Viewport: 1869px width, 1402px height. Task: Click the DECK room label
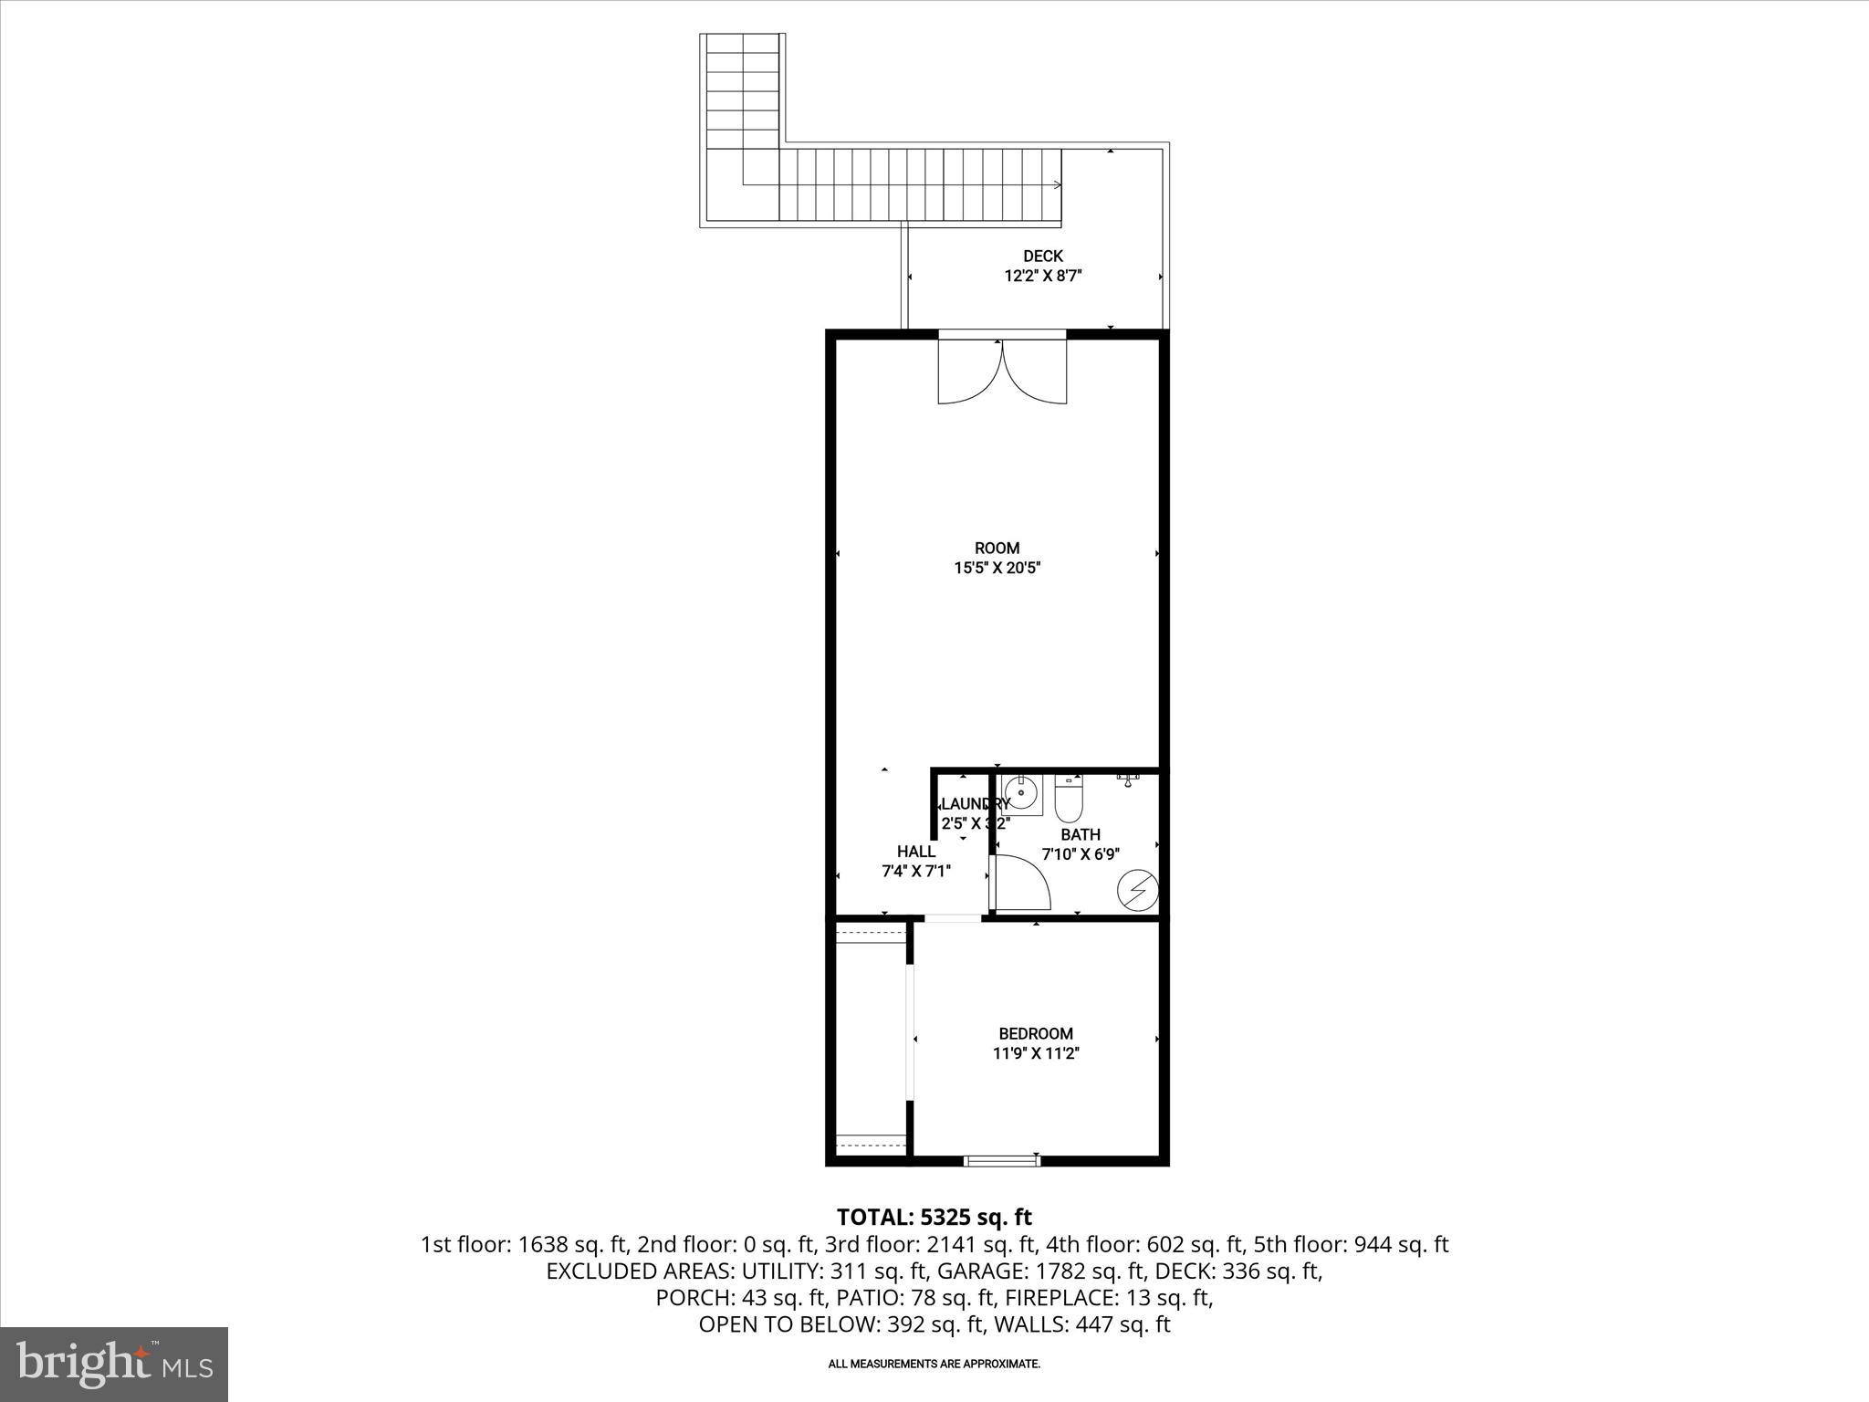click(1042, 256)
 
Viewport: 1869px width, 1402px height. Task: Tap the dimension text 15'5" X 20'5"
click(997, 568)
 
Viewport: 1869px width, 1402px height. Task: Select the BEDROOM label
click(1036, 1034)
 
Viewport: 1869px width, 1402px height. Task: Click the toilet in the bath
click(1068, 800)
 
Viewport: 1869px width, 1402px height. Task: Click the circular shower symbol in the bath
click(1140, 890)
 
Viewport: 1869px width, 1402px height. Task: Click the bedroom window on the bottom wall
click(1002, 1161)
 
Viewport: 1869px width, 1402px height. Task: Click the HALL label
click(915, 852)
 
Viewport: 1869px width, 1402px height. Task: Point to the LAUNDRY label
click(975, 804)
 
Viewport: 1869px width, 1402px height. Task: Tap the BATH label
click(1081, 834)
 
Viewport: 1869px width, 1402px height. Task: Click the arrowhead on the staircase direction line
click(1059, 185)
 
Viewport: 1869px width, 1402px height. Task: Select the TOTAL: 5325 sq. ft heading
click(934, 1217)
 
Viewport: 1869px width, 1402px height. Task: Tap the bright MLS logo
click(114, 1364)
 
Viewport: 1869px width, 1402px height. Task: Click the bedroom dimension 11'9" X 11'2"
click(1036, 1053)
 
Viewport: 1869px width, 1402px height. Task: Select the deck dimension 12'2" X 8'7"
click(1042, 276)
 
